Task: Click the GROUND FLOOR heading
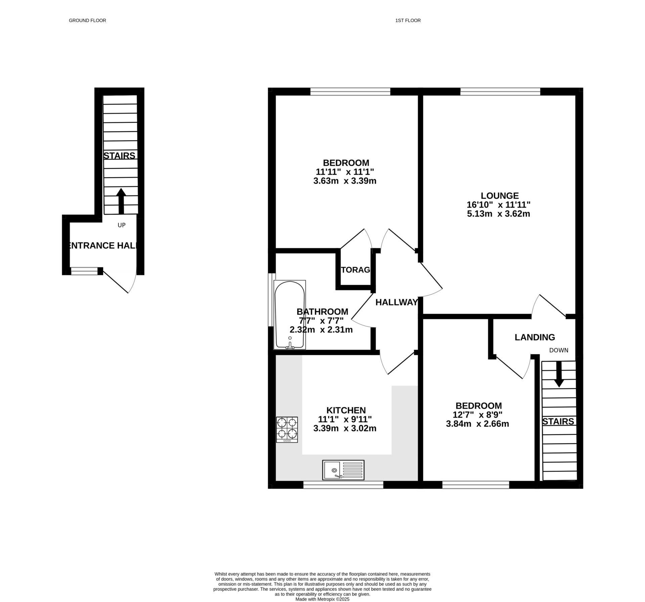(87, 20)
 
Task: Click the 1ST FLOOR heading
(408, 20)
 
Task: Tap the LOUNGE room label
(500, 195)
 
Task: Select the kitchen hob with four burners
(287, 429)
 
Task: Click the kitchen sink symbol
(343, 470)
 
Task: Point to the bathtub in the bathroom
(290, 315)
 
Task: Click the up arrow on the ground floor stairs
(121, 201)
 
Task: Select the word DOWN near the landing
(559, 350)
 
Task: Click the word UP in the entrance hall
(122, 225)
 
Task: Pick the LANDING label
(535, 337)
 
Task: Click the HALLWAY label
(396, 302)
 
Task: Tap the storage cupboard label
(355, 270)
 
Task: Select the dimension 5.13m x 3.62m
(499, 214)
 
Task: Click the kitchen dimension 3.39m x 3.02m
(345, 428)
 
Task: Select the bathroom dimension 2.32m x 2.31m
(321, 330)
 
